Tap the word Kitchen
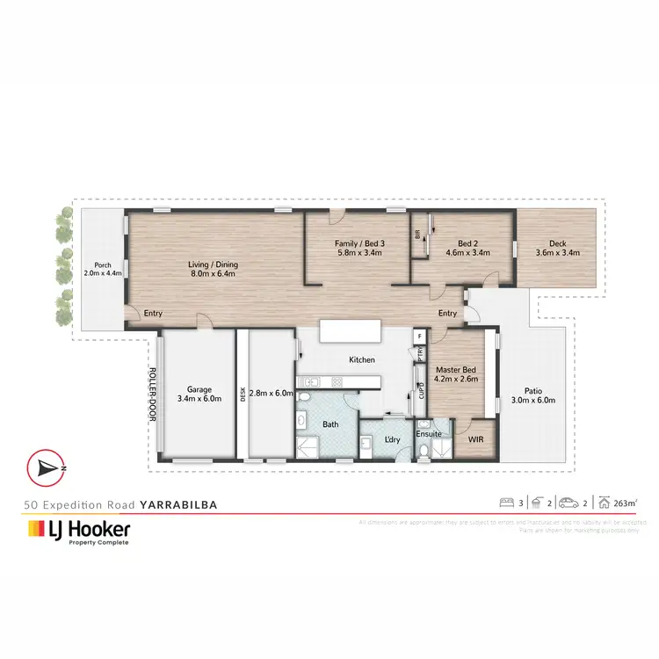(361, 359)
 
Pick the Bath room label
(330, 424)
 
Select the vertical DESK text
(242, 394)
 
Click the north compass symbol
(47, 468)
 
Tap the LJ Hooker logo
(79, 532)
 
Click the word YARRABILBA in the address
(178, 505)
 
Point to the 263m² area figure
(623, 503)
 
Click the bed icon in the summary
(507, 503)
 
